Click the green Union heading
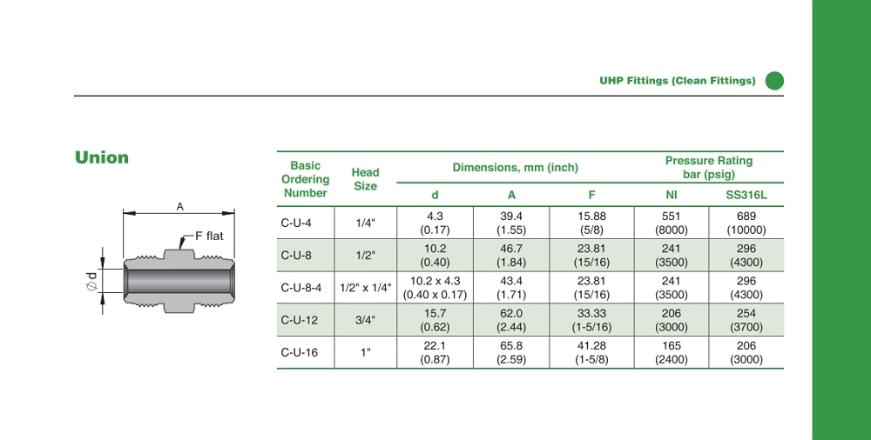coord(102,157)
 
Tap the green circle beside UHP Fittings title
coord(774,81)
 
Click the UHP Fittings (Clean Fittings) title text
coord(677,81)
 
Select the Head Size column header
coord(366,179)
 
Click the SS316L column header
coord(746,195)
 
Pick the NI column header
coord(671,195)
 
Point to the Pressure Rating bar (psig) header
coord(709,168)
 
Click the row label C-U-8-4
coord(301,288)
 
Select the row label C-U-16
coord(300,352)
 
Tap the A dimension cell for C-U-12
coord(511,320)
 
